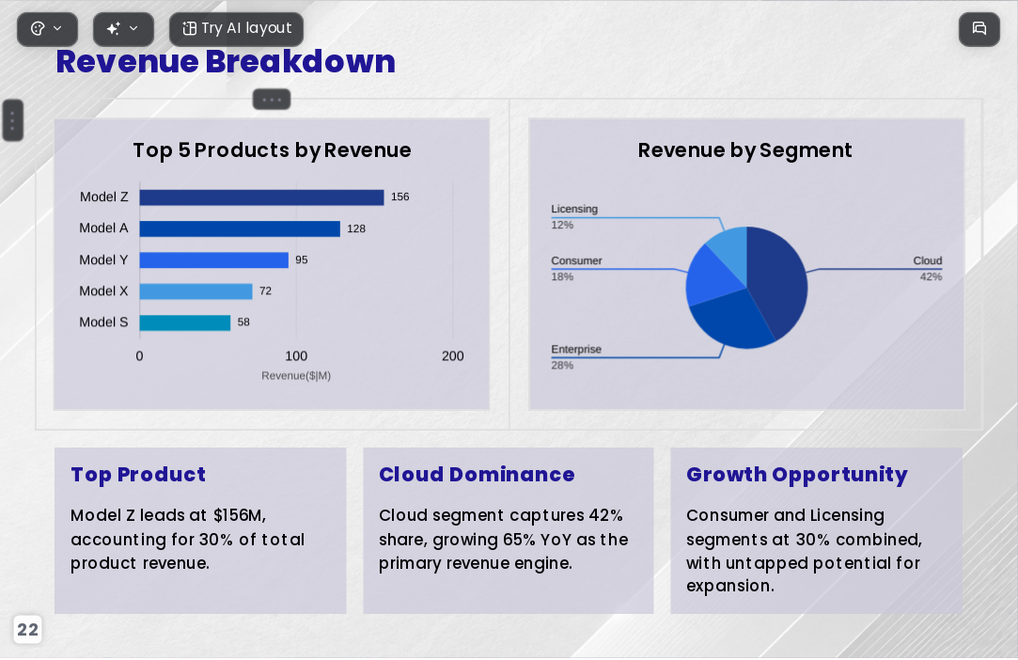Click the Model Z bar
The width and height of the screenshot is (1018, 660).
tap(261, 197)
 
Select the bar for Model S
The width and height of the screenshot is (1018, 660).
tap(185, 322)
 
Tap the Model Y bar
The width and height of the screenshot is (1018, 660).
tap(213, 259)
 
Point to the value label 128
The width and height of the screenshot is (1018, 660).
tap(355, 228)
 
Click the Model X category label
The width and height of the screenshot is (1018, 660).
tap(104, 291)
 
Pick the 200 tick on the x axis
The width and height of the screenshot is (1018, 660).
tap(452, 356)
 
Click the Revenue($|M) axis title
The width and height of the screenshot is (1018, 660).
tap(296, 375)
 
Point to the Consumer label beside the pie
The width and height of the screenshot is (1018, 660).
tap(576, 260)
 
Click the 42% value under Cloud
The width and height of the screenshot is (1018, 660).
tap(931, 276)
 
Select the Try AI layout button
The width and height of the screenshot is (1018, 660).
tap(236, 29)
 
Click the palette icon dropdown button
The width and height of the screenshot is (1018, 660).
tap(47, 29)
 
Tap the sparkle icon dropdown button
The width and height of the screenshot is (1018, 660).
tap(123, 29)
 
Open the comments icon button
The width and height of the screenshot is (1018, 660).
tap(979, 29)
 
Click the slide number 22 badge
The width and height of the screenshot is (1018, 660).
tap(27, 630)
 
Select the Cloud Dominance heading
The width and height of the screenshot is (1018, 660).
tap(477, 474)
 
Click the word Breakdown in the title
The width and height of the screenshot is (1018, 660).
tap(301, 62)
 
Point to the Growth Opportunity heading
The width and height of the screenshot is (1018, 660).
tap(796, 475)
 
